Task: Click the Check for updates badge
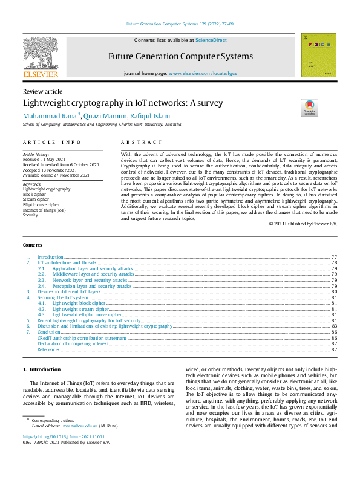[309, 108]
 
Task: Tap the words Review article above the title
[42, 91]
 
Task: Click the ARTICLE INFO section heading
[52, 142]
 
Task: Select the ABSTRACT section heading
[142, 142]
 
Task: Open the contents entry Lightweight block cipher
[79, 302]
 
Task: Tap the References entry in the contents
[48, 349]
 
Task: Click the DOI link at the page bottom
[64, 436]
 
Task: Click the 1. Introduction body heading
[42, 369]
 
